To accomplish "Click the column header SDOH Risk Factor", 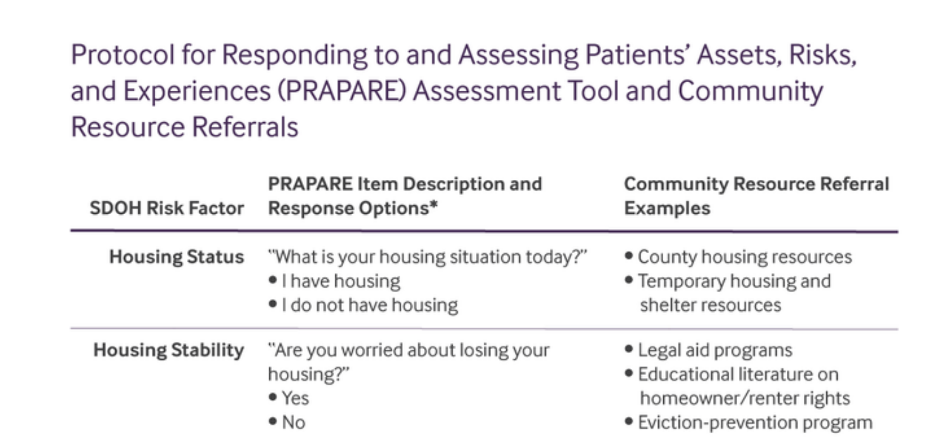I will (x=166, y=208).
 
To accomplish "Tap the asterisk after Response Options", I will (x=434, y=205).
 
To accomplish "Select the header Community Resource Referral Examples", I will (x=756, y=196).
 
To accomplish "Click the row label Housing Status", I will (x=176, y=257).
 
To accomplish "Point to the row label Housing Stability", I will (x=168, y=350).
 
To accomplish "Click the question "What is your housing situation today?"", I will (x=427, y=257).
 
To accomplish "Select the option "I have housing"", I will (x=341, y=281).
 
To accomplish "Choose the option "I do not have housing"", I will (x=369, y=305).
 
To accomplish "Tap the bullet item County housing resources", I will (x=744, y=257).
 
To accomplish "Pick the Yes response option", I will (x=295, y=398).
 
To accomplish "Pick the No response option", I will (x=293, y=423).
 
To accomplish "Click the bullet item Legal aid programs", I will (x=715, y=350).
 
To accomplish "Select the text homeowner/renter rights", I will (x=744, y=398).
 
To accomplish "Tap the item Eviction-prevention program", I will (x=754, y=423).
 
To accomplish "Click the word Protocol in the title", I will (x=123, y=55).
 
